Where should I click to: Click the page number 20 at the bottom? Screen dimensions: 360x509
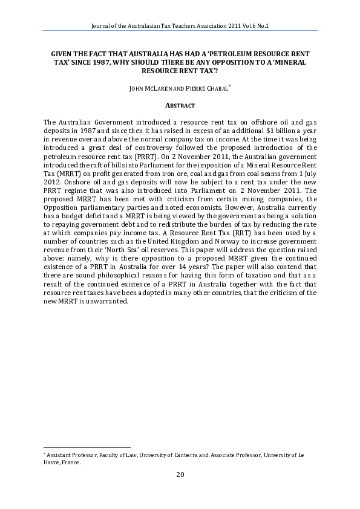point(180,475)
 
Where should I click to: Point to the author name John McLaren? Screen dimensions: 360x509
point(152,88)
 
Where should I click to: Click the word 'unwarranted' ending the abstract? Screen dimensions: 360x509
point(108,301)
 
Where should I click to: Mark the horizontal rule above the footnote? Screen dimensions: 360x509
point(87,447)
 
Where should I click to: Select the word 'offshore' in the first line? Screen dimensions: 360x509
point(245,122)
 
